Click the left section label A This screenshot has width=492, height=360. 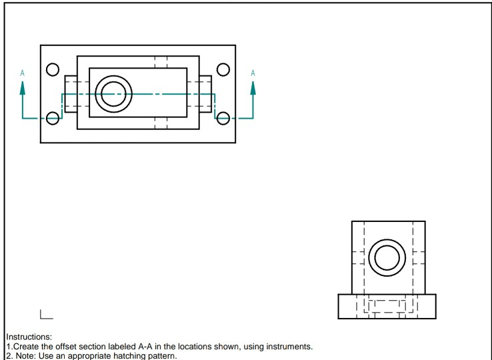(23, 72)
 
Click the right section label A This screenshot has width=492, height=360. (252, 72)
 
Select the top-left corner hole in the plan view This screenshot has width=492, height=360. (52, 69)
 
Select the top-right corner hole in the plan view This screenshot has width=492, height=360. (223, 69)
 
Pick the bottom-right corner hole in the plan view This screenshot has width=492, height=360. (223, 118)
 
